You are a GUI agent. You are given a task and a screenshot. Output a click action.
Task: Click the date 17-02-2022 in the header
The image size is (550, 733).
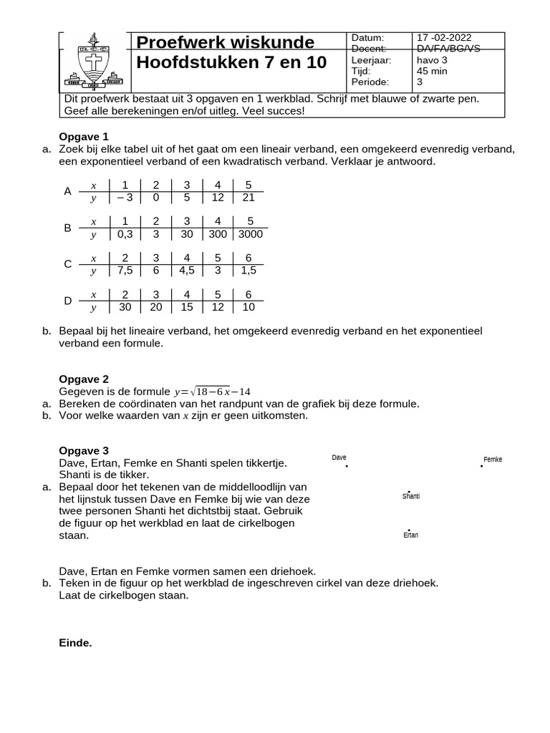[443, 38]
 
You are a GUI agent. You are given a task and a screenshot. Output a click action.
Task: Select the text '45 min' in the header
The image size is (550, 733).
[432, 72]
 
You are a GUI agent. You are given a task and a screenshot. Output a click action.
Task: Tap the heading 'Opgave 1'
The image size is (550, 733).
[83, 136]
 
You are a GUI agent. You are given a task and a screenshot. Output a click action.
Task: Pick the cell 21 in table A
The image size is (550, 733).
[250, 198]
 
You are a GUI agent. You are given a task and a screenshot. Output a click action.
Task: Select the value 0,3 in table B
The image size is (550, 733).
[125, 234]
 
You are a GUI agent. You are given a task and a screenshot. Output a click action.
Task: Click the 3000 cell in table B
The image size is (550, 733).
[250, 234]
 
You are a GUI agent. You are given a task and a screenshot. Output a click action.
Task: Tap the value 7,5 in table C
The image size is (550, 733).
[125, 271]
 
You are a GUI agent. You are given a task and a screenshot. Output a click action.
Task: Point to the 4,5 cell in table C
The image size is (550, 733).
[187, 271]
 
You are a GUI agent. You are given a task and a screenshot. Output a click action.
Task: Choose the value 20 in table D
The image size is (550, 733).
[155, 307]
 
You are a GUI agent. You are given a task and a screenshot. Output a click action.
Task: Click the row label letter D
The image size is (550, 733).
[68, 301]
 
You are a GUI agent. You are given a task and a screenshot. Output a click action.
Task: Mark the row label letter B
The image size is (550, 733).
[68, 228]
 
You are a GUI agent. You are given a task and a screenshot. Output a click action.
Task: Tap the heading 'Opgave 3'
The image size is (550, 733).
[83, 450]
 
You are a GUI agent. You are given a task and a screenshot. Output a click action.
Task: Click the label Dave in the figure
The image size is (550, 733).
[339, 457]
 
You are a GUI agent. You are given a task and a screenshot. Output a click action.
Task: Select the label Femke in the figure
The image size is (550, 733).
[493, 460]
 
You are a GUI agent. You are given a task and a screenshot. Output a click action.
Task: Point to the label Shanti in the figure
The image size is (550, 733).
[411, 496]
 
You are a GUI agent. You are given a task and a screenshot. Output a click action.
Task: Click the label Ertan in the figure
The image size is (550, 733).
[410, 535]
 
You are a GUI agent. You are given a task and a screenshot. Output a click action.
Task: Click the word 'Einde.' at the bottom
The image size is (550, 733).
[75, 643]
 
